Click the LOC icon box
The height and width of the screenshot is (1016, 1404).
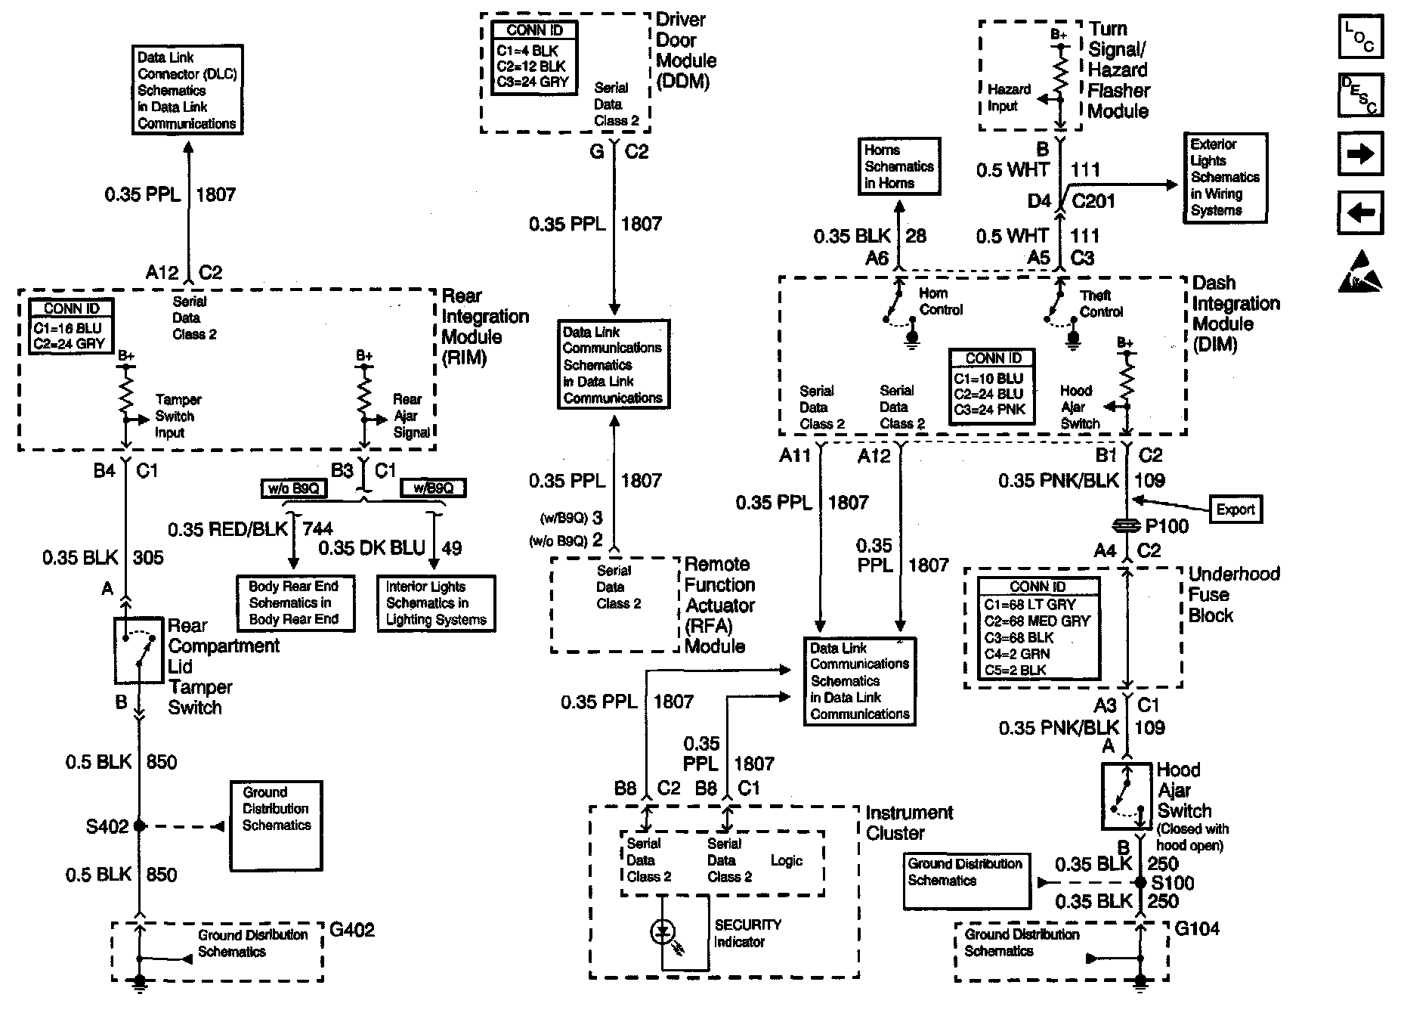(x=1359, y=37)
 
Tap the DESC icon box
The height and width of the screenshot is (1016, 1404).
(x=1359, y=94)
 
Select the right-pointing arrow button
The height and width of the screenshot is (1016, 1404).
(x=1359, y=153)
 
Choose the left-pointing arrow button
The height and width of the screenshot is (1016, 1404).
(x=1359, y=212)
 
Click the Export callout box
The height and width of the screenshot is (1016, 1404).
(x=1235, y=510)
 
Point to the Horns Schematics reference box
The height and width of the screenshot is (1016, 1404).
(x=898, y=166)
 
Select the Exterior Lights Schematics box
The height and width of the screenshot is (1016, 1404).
(x=1224, y=178)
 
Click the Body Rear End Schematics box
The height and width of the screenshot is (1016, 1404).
(x=294, y=603)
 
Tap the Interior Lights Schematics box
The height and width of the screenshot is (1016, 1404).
(x=436, y=603)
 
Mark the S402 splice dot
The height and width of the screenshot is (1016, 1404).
(x=139, y=826)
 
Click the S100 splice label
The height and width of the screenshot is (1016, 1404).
(x=1172, y=883)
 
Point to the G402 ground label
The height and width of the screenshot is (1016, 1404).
(x=351, y=930)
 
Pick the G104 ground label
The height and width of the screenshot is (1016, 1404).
(x=1197, y=929)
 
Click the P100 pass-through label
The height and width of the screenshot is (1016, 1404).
(x=1167, y=526)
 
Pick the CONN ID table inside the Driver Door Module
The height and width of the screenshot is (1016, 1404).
(x=534, y=57)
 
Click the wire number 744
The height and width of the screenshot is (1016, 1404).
(x=317, y=529)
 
